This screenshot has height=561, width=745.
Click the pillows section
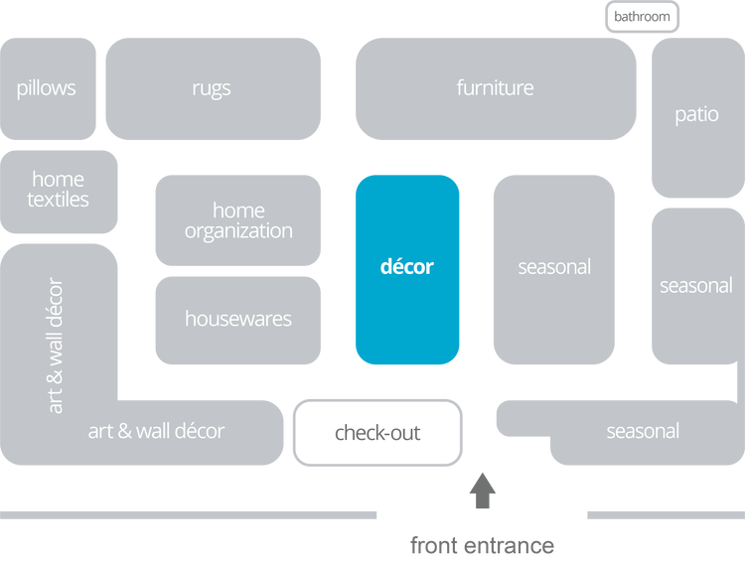(x=47, y=88)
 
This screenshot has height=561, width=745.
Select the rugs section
(x=212, y=88)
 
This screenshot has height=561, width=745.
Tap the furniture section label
(x=495, y=88)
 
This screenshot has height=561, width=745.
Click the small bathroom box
(x=642, y=17)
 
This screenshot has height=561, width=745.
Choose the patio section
(x=696, y=115)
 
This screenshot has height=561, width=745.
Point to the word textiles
(x=58, y=200)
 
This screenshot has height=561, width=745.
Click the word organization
(x=238, y=231)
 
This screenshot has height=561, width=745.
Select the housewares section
(x=238, y=320)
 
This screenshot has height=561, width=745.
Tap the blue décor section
(x=407, y=268)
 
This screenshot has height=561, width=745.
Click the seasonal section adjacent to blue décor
(x=554, y=268)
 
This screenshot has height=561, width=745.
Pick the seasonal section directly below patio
(x=696, y=286)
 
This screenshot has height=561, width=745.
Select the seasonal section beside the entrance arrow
(x=643, y=432)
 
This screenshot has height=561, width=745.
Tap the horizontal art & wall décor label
(x=156, y=432)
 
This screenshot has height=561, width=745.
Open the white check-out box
(x=377, y=433)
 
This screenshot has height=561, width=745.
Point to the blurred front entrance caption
(x=482, y=545)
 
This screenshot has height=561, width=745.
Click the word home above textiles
(x=58, y=180)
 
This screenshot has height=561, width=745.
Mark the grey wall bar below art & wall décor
(x=189, y=515)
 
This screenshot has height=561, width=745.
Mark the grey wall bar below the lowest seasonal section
(x=665, y=515)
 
